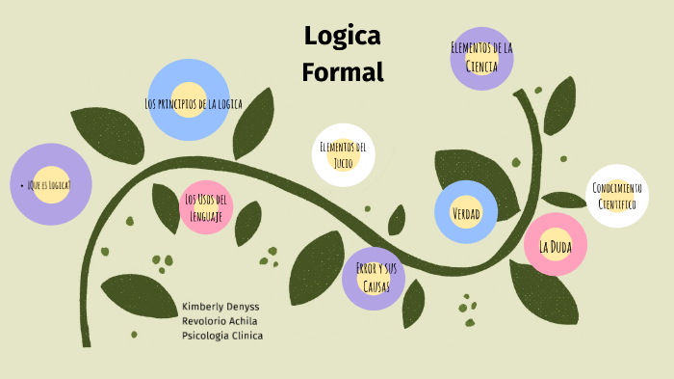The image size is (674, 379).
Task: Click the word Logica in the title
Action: click(x=343, y=37)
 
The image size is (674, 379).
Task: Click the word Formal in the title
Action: click(x=343, y=71)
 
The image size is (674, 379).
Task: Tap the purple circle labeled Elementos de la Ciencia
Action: click(x=481, y=58)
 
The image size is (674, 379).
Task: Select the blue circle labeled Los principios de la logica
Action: click(x=190, y=99)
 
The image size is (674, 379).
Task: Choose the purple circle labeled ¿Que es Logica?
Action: click(x=50, y=184)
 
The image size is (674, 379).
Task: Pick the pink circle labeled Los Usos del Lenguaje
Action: click(x=206, y=207)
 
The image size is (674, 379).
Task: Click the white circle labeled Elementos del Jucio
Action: click(x=343, y=154)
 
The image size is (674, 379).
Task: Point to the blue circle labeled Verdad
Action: click(x=466, y=212)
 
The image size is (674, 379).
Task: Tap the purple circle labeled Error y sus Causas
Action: click(x=374, y=278)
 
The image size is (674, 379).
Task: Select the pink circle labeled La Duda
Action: click(x=556, y=246)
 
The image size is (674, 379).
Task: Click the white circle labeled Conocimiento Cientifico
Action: click(x=616, y=196)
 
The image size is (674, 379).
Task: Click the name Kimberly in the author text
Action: click(x=200, y=307)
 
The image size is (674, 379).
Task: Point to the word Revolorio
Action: click(x=203, y=321)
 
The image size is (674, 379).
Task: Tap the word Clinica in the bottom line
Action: click(x=246, y=336)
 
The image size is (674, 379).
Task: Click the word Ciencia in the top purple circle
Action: click(x=481, y=67)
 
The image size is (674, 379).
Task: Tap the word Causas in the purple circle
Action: click(x=374, y=286)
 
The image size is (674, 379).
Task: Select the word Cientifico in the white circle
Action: click(x=616, y=204)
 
